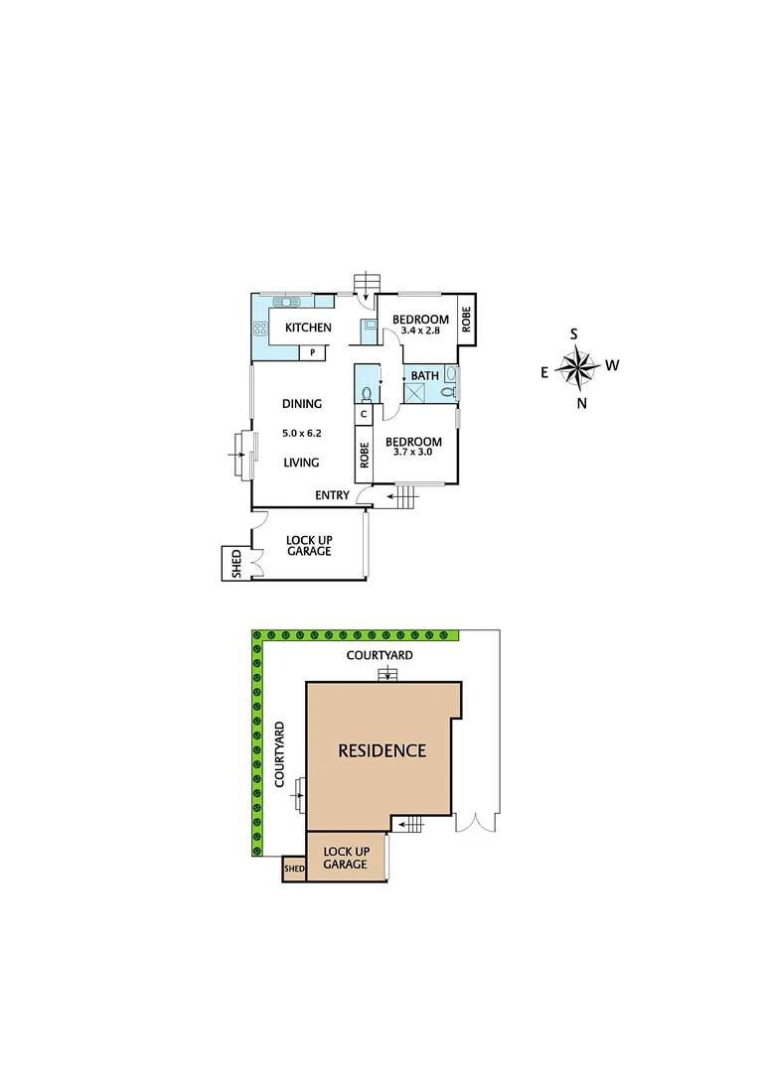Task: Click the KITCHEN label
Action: pyautogui.click(x=308, y=328)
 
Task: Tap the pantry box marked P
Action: pyautogui.click(x=314, y=352)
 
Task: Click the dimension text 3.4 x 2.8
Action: pyautogui.click(x=419, y=331)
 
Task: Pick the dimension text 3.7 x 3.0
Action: pyautogui.click(x=413, y=453)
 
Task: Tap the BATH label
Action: pyautogui.click(x=425, y=375)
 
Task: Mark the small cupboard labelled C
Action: pyautogui.click(x=364, y=414)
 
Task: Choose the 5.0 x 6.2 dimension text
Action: pyautogui.click(x=302, y=433)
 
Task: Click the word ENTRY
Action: pyautogui.click(x=332, y=494)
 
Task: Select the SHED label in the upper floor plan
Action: pyautogui.click(x=236, y=564)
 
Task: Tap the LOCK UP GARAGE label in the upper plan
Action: pyautogui.click(x=309, y=545)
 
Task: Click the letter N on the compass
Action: pyautogui.click(x=582, y=402)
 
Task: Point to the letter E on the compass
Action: pyautogui.click(x=543, y=372)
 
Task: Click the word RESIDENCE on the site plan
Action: pyautogui.click(x=382, y=750)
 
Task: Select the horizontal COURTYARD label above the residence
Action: pyautogui.click(x=379, y=655)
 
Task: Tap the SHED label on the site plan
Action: pyautogui.click(x=294, y=870)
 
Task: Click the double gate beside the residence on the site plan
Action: pyautogui.click(x=476, y=823)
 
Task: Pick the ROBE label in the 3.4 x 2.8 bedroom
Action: pyautogui.click(x=466, y=320)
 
